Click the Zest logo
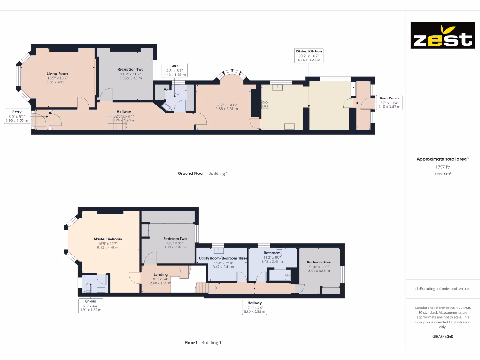point(442,35)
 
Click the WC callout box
point(174,70)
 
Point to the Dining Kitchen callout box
point(309,55)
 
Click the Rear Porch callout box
point(389,102)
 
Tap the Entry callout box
point(17,116)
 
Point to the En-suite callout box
point(91,306)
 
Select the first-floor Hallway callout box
point(255,307)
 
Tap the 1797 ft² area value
point(442,166)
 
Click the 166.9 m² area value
point(442,173)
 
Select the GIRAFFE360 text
point(442,336)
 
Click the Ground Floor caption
point(191,173)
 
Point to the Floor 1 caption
point(191,343)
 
